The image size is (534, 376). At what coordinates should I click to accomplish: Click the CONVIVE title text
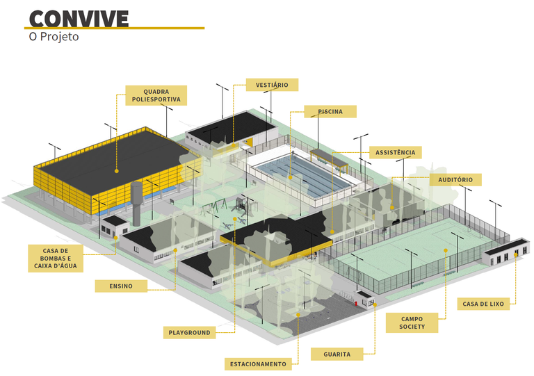(79, 17)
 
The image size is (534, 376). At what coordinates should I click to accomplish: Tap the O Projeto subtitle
(54, 37)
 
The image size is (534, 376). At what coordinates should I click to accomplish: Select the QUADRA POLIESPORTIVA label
(156, 95)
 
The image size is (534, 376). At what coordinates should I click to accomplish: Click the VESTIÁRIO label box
(272, 85)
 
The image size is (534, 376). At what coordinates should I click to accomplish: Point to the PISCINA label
(330, 111)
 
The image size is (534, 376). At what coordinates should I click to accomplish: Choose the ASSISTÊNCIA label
(395, 152)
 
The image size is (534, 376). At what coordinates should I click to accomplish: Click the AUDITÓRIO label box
(455, 179)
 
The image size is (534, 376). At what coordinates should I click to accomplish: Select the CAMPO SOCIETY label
(412, 323)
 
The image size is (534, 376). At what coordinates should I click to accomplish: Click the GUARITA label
(337, 354)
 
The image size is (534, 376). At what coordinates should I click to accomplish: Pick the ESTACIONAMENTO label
(257, 364)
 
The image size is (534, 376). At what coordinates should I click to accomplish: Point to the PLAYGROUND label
(189, 333)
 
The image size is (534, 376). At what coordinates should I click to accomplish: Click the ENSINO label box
(121, 286)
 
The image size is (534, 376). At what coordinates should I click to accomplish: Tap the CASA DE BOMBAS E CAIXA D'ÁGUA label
(55, 258)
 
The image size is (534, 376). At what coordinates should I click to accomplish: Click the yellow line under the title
(115, 28)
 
